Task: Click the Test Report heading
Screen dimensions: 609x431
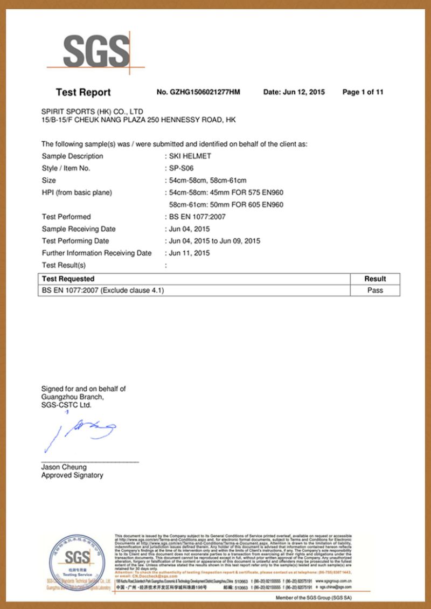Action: (83, 92)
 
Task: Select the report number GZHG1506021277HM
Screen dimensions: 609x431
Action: (198, 92)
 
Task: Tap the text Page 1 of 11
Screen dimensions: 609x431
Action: (363, 92)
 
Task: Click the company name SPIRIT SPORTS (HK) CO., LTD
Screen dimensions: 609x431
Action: (92, 112)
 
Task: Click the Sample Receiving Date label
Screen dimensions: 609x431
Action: (79, 229)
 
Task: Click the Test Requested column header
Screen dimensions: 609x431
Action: (68, 279)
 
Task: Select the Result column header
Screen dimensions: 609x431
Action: (375, 279)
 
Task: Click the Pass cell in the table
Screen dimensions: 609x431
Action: (375, 290)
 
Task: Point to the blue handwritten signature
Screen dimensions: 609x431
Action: (81, 431)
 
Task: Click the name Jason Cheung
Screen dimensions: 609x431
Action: (64, 467)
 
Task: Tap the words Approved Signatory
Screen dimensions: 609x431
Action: (72, 475)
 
